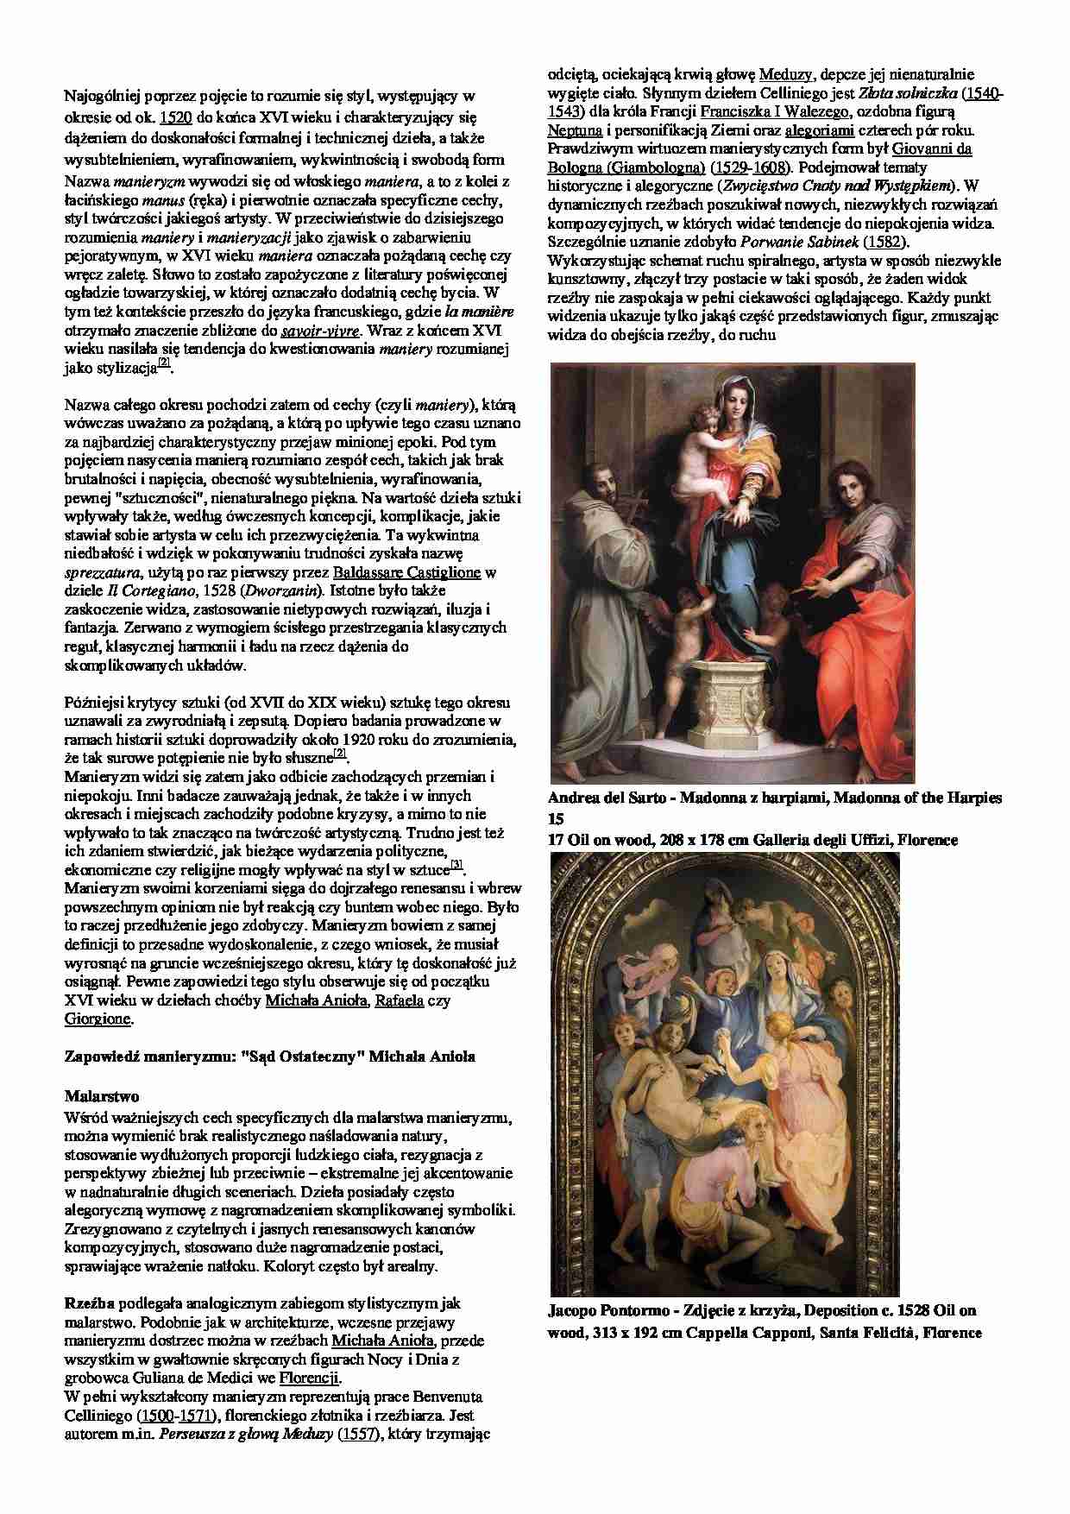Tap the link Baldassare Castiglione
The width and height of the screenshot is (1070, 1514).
[x=407, y=572]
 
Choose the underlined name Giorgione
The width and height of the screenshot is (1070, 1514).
[x=98, y=1019]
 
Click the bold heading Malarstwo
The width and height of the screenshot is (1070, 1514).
[x=102, y=1097]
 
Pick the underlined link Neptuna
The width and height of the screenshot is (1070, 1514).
[x=573, y=130]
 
